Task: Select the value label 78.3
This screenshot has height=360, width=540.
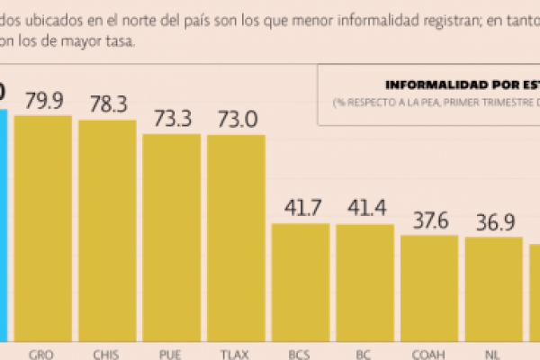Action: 107,104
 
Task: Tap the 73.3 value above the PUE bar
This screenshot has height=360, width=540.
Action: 171,119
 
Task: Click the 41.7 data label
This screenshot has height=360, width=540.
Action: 301,208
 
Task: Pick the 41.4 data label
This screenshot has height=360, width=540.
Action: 364,209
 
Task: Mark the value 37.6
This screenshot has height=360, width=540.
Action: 429,220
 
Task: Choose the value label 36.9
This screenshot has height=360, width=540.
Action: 493,221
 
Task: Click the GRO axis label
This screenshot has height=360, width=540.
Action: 42,353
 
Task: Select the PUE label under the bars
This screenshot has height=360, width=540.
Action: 171,353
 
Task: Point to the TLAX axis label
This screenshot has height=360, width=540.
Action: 236,353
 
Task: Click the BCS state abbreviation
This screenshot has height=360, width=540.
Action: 301,353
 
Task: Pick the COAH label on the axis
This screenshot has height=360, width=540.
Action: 429,353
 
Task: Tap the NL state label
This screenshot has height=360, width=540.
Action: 493,353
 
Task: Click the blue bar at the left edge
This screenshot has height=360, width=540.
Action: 4,225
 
